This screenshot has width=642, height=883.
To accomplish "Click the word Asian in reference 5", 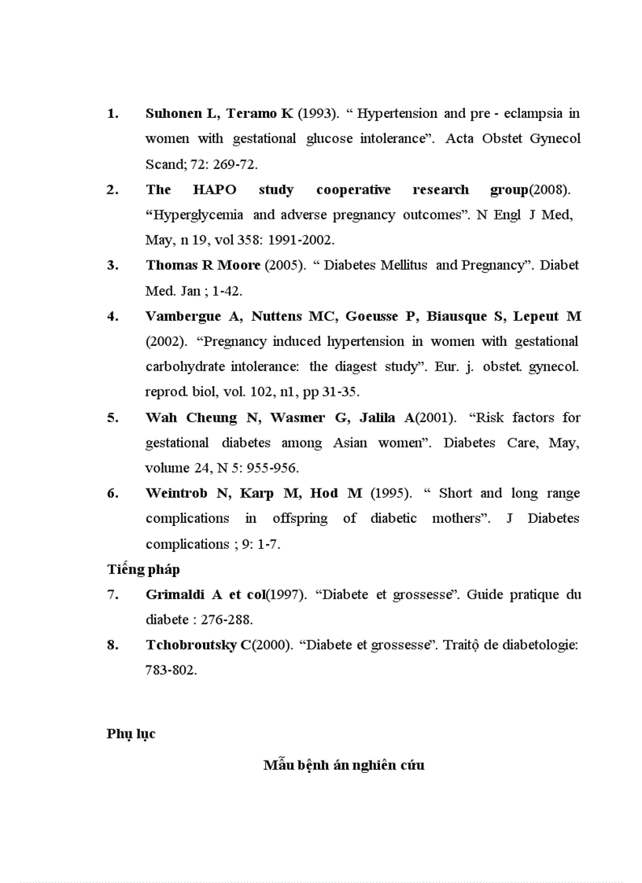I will [349, 443].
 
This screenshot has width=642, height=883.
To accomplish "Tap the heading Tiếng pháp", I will [143, 569].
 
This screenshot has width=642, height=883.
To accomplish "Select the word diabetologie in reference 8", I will [542, 645].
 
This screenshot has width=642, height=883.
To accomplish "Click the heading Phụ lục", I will [131, 734].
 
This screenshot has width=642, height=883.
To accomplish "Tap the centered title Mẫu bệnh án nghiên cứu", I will [344, 764].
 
